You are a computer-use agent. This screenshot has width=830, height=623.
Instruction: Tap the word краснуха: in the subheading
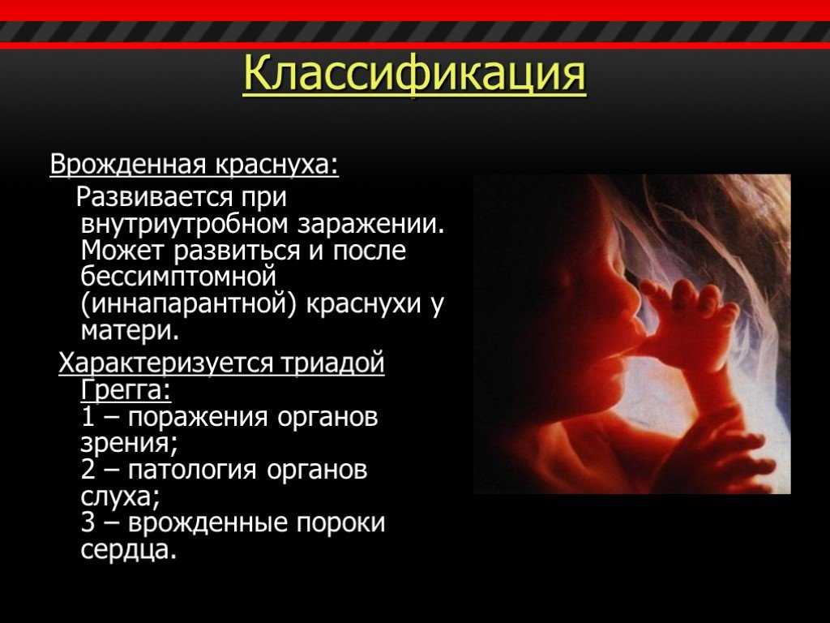(x=276, y=165)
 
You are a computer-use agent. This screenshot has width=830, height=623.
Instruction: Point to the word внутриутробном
(x=185, y=224)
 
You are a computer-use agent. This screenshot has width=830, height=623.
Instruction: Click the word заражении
(x=370, y=224)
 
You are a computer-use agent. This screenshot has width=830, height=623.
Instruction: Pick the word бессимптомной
(x=179, y=277)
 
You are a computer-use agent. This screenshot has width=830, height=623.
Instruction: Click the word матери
(x=130, y=331)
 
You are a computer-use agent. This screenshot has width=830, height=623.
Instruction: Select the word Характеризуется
(x=166, y=363)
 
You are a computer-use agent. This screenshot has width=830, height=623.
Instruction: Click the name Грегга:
(x=126, y=390)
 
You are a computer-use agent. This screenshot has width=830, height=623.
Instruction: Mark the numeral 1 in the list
(x=88, y=417)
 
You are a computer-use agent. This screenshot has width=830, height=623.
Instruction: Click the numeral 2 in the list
(x=88, y=470)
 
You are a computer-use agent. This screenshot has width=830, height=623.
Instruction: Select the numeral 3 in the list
(x=88, y=523)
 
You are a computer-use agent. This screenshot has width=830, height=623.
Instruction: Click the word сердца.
(x=129, y=550)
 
